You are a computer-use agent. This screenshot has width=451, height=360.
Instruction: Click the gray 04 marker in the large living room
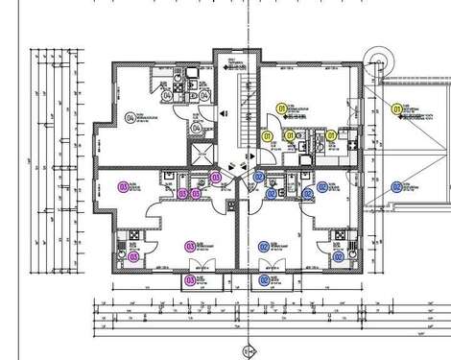coord(131,118)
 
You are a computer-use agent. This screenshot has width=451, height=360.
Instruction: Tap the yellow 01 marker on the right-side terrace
coord(396,111)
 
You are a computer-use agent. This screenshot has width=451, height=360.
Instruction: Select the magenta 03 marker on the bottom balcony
coord(189,280)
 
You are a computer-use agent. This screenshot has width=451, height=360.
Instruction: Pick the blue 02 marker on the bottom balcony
coord(265,280)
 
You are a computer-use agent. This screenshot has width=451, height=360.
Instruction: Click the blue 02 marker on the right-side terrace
coord(396,186)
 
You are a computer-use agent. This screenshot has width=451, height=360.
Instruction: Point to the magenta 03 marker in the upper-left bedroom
coord(122,185)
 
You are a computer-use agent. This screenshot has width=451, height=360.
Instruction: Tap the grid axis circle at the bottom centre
coord(249,350)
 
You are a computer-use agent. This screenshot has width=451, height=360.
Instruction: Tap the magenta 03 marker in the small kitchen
coord(132,256)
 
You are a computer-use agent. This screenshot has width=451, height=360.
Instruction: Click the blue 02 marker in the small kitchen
coord(336,256)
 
